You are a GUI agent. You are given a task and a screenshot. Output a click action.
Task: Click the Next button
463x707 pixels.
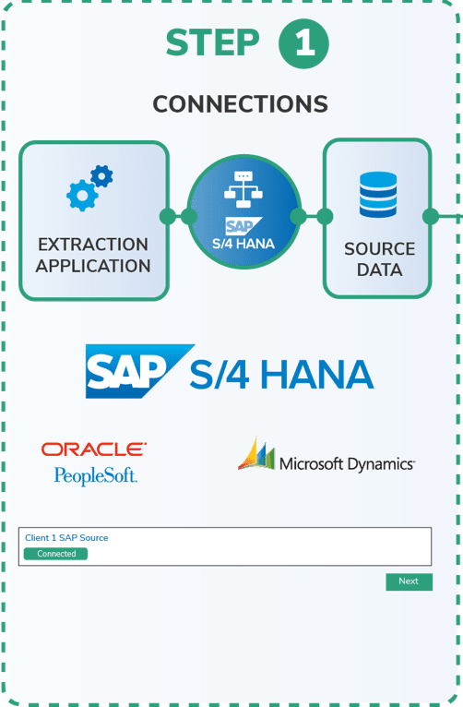click(x=409, y=581)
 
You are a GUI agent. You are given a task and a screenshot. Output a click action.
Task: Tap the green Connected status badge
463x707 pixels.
click(x=56, y=554)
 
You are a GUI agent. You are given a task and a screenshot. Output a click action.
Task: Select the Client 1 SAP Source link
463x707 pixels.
click(x=66, y=537)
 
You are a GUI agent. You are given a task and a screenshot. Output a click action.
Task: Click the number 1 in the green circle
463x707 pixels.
click(x=304, y=43)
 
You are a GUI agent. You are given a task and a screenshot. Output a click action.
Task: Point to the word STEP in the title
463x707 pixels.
click(x=212, y=42)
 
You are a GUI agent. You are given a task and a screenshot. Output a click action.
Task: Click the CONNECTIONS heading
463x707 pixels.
click(x=241, y=104)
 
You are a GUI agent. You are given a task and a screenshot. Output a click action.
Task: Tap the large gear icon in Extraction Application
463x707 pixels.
click(x=82, y=196)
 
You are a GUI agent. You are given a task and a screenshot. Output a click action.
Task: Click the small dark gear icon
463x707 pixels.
click(x=102, y=176)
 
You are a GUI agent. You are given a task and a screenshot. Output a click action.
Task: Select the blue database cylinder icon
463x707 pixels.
click(x=378, y=195)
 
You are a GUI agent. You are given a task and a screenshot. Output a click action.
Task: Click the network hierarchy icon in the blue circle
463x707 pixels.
click(x=243, y=189)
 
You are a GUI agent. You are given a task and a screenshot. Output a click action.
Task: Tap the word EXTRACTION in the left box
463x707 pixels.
click(x=93, y=245)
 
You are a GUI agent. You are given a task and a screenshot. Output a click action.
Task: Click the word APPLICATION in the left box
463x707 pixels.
click(x=93, y=266)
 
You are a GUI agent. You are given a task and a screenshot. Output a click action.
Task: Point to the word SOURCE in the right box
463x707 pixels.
click(x=380, y=249)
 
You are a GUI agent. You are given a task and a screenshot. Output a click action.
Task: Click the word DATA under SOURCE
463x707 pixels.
click(x=380, y=270)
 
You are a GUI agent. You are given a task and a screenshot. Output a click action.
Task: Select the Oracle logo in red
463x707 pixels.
click(x=94, y=449)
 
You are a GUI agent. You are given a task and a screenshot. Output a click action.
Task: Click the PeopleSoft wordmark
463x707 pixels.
click(x=96, y=476)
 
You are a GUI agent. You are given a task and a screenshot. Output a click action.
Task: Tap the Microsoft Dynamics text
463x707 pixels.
click(x=347, y=464)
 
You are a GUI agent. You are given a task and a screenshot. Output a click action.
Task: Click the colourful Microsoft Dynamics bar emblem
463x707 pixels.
click(x=256, y=453)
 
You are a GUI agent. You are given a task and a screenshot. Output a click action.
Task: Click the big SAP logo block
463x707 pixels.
click(x=140, y=371)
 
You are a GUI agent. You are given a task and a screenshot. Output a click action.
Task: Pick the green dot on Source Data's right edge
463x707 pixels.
click(x=431, y=216)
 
